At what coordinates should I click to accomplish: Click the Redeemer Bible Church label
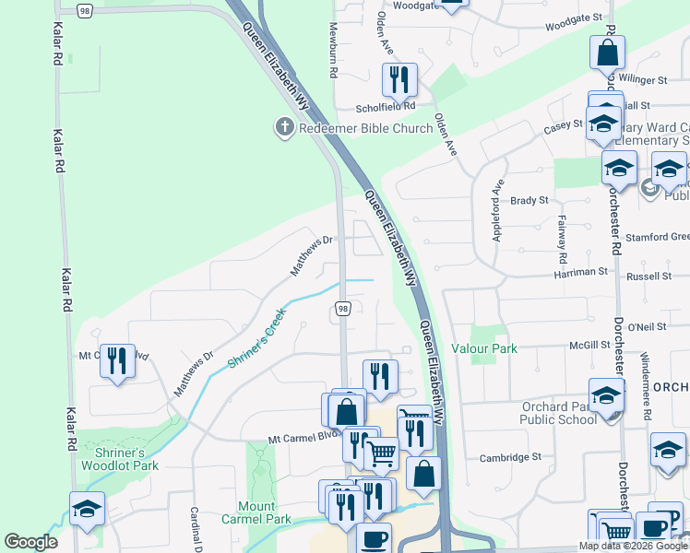pos(365,127)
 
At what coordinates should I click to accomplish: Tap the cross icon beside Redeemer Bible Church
pos(285,126)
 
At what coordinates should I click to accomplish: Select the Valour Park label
pos(484,348)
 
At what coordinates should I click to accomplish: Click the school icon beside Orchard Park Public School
pos(607,396)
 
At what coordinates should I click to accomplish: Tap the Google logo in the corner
pos(30,542)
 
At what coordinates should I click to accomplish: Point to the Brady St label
pos(529,200)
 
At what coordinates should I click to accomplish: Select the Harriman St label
pos(580,273)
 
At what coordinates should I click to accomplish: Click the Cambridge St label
pos(509,457)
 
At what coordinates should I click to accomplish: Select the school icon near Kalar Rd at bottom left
pos(87,508)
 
